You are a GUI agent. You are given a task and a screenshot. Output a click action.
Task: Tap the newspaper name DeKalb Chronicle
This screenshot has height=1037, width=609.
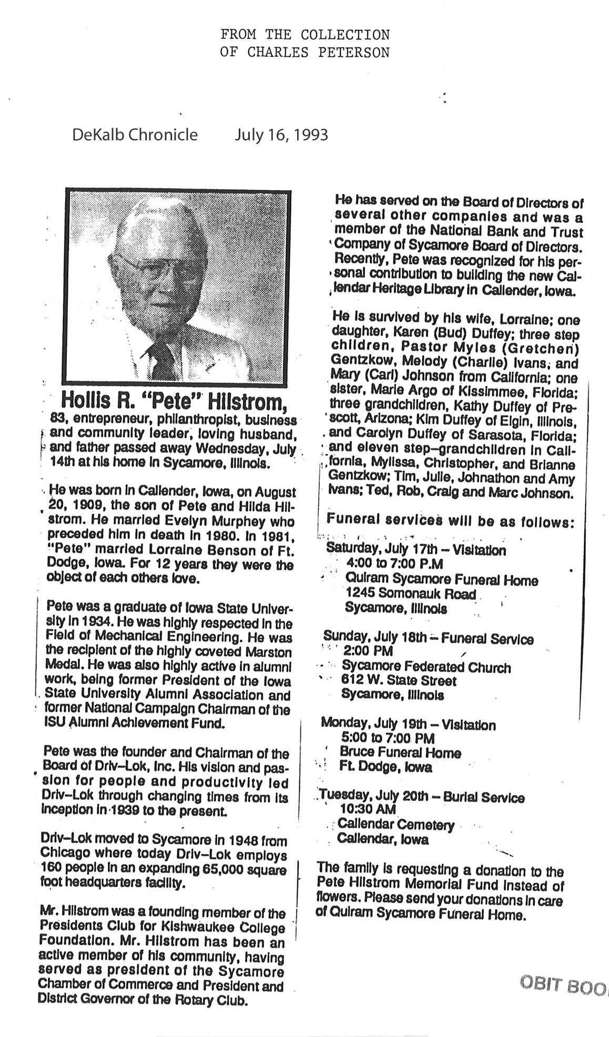click(x=135, y=135)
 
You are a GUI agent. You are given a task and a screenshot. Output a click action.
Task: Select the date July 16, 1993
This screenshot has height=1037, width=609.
click(x=281, y=135)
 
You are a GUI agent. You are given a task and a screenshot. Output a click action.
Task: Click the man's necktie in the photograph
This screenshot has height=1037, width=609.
click(x=163, y=360)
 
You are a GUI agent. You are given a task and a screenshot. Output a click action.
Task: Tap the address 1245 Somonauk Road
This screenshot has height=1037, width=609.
click(x=411, y=594)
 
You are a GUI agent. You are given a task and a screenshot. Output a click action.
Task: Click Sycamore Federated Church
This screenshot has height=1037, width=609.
click(x=426, y=668)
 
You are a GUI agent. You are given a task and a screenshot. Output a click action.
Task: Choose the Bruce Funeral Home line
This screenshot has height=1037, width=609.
click(x=400, y=753)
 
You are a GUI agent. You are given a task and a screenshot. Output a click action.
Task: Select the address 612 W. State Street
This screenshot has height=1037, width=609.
click(x=399, y=681)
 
